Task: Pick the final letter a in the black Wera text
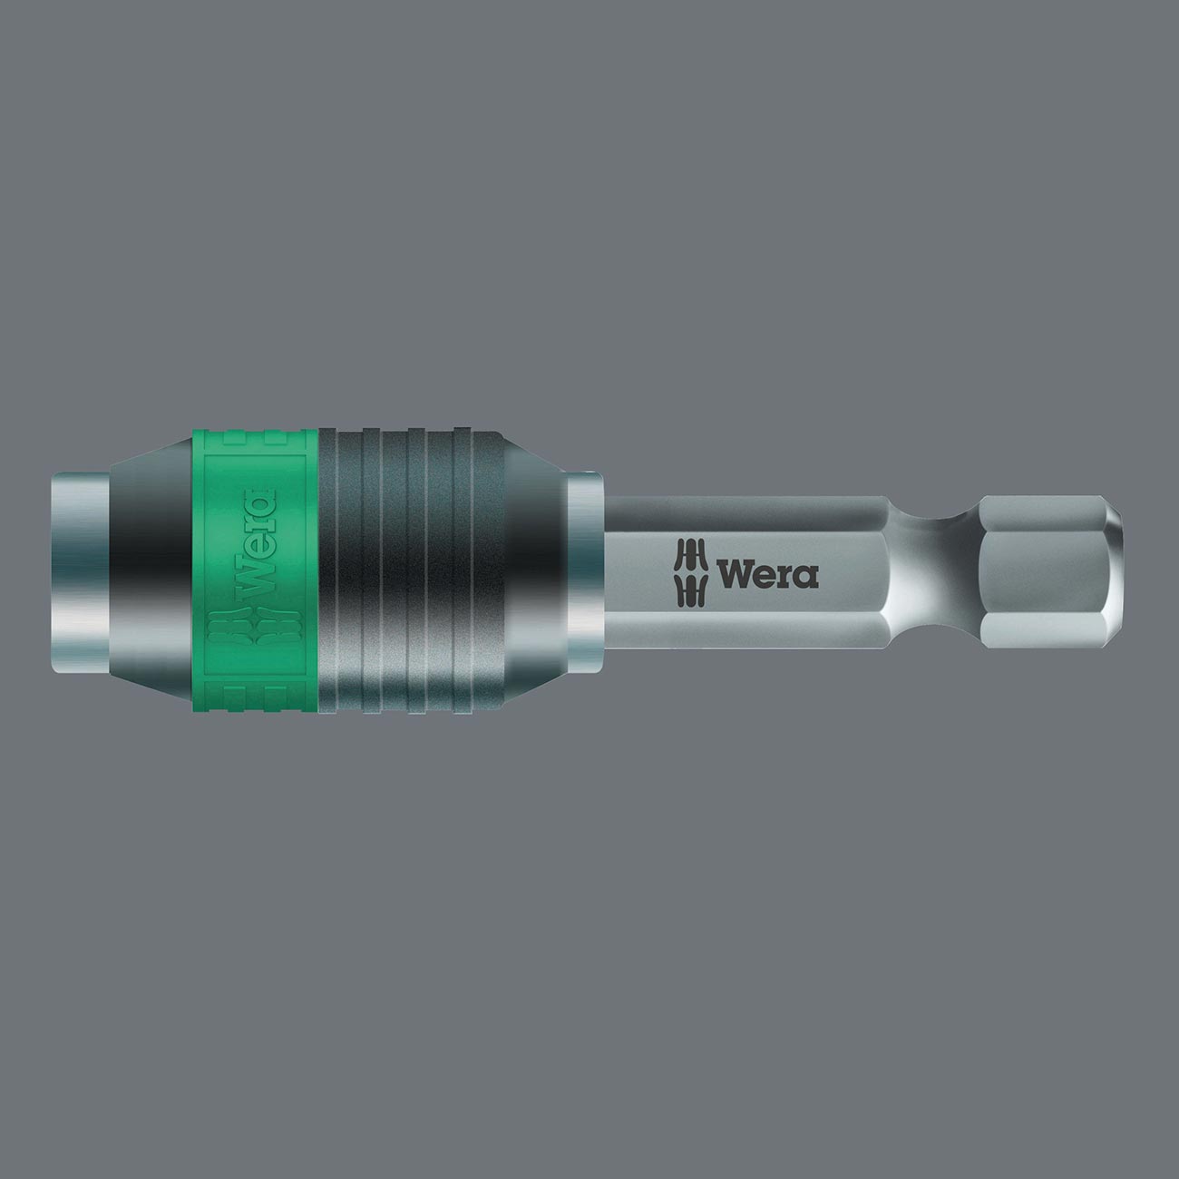(806, 577)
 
